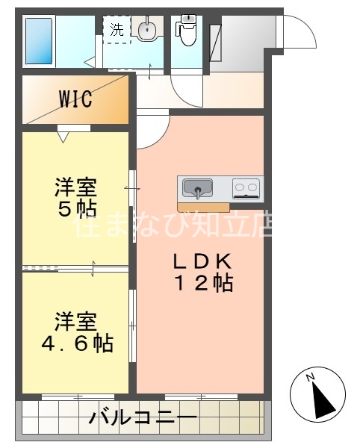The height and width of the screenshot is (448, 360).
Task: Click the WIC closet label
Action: pos(75,99)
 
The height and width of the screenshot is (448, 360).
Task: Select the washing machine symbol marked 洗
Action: pos(117,30)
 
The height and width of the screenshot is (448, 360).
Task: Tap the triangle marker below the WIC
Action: pos(63,137)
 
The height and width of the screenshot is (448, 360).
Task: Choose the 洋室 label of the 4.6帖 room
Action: pos(75,323)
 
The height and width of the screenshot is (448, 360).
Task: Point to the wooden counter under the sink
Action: pos(203,205)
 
